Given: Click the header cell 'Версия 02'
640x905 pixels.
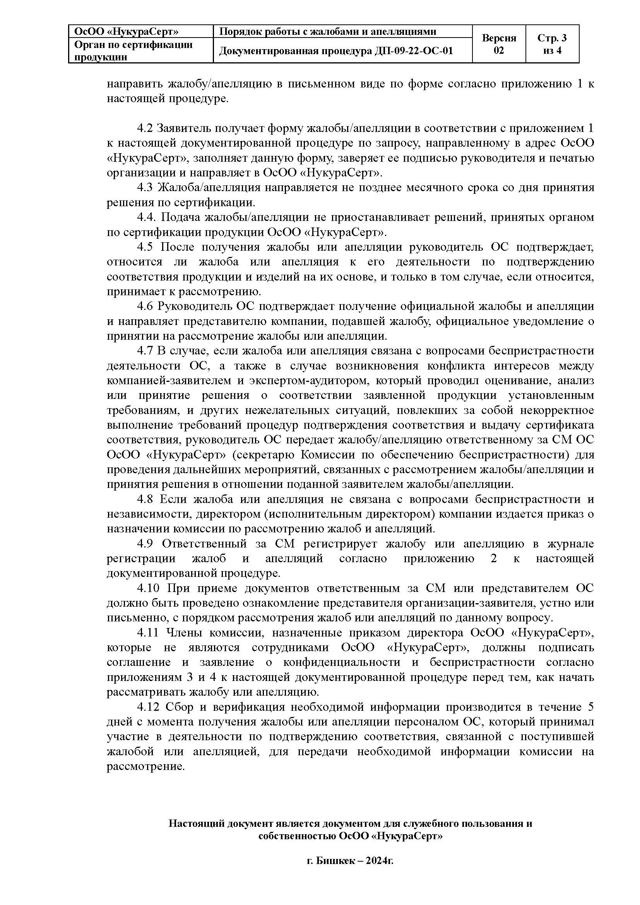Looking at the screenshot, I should point(498,44).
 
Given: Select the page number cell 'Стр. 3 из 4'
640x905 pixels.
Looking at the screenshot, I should point(552,44).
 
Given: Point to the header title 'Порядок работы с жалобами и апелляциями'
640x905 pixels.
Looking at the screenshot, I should point(327,31).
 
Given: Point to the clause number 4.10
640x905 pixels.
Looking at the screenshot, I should point(148,588).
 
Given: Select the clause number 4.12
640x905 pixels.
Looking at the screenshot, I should point(148,707).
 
